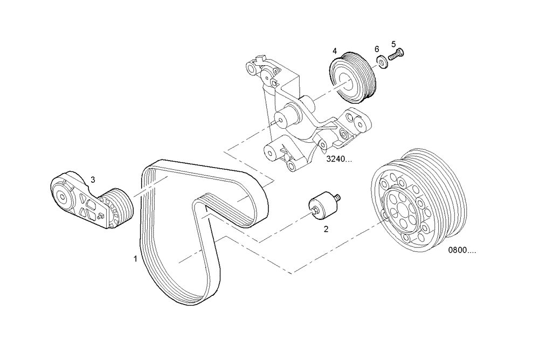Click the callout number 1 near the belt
click(x=135, y=259)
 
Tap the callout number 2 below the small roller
click(x=326, y=229)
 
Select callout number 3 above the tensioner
click(x=93, y=179)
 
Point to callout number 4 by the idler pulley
click(x=335, y=51)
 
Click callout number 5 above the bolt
click(x=393, y=44)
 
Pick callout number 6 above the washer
click(x=377, y=49)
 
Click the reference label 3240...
click(x=339, y=160)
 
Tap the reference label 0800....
click(x=462, y=250)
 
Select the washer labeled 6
click(x=382, y=63)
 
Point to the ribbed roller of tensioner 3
click(x=120, y=209)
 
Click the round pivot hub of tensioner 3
click(x=63, y=197)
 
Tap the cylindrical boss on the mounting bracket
click(x=289, y=115)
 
